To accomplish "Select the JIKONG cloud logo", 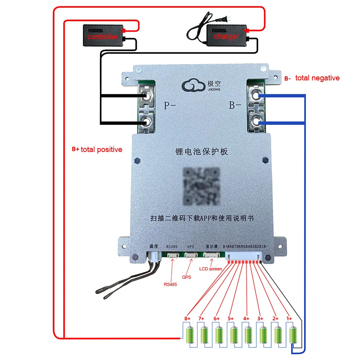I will click(x=194, y=85).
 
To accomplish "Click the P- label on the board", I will click(x=169, y=106).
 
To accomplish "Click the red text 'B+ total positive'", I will click(x=97, y=150).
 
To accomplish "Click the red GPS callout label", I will click(x=186, y=277).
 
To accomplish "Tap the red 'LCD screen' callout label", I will click(x=210, y=269).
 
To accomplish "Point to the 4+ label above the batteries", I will click(x=246, y=318).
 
